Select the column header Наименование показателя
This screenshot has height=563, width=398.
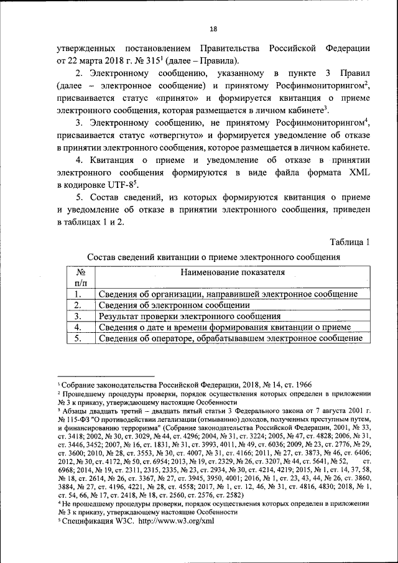[233, 272]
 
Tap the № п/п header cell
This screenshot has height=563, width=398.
[80, 277]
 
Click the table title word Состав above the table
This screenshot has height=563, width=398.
[103, 257]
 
